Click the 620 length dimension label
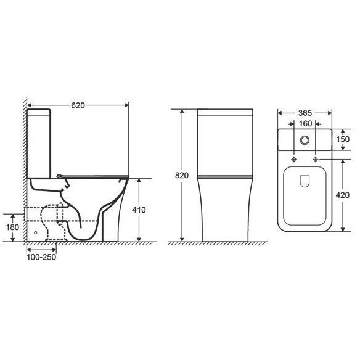78,105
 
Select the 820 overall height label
182,176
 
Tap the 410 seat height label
139,210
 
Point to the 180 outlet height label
12,227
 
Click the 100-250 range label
41,257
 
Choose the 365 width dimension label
305,113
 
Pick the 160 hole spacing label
305,124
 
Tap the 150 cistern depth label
343,139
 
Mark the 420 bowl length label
343,195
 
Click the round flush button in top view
305,140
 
